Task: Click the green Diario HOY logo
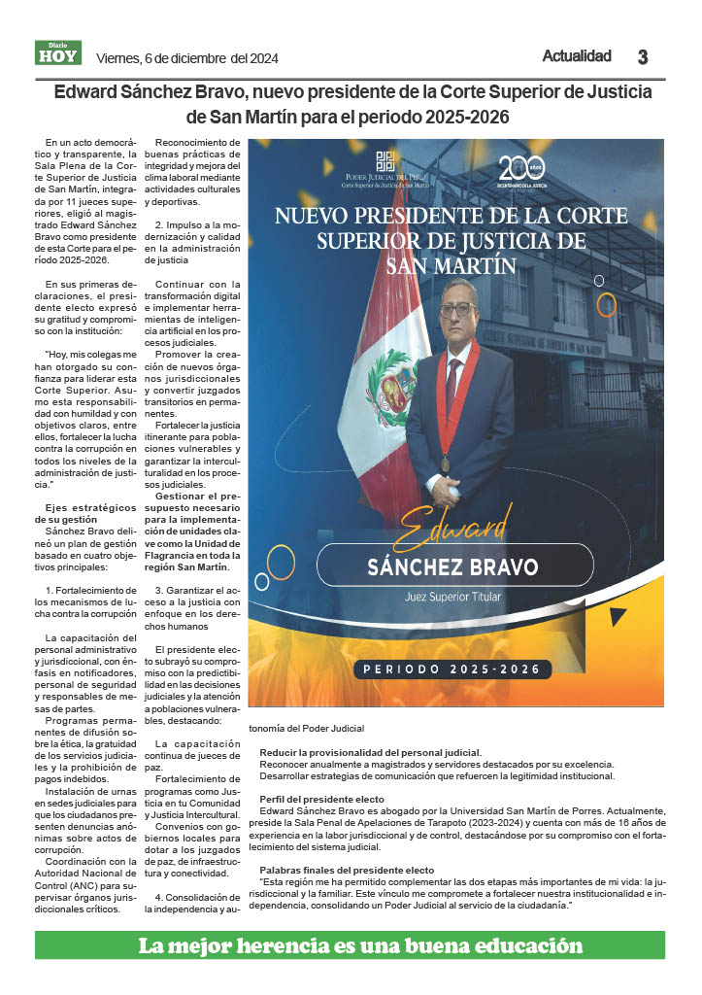pyautogui.click(x=58, y=54)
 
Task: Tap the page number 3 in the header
pyautogui.click(x=642, y=57)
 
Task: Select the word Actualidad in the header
pyautogui.click(x=577, y=56)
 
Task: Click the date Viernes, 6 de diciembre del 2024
pyautogui.click(x=187, y=58)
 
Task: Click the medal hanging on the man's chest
pyautogui.click(x=445, y=463)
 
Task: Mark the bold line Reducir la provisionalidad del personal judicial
pyautogui.click(x=370, y=753)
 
